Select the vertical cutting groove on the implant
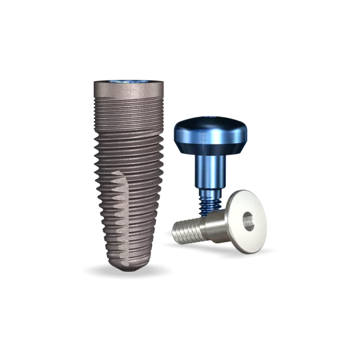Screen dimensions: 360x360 pyautogui.click(x=123, y=215)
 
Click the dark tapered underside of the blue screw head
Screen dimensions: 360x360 pyautogui.click(x=211, y=150)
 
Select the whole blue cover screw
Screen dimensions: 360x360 pyautogui.click(x=210, y=152)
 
